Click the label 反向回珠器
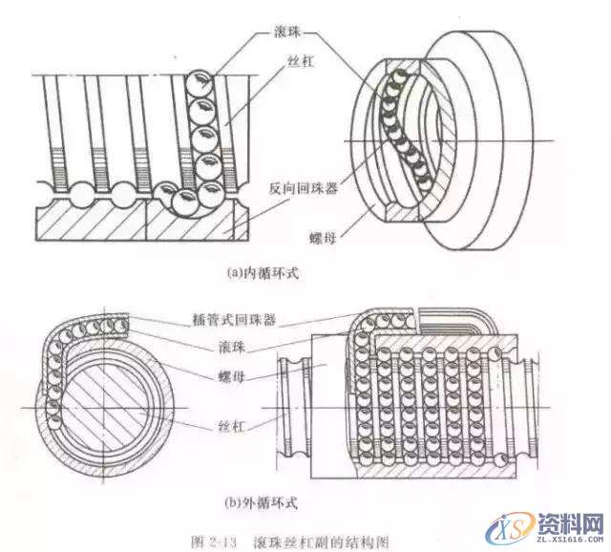pyautogui.click(x=304, y=188)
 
